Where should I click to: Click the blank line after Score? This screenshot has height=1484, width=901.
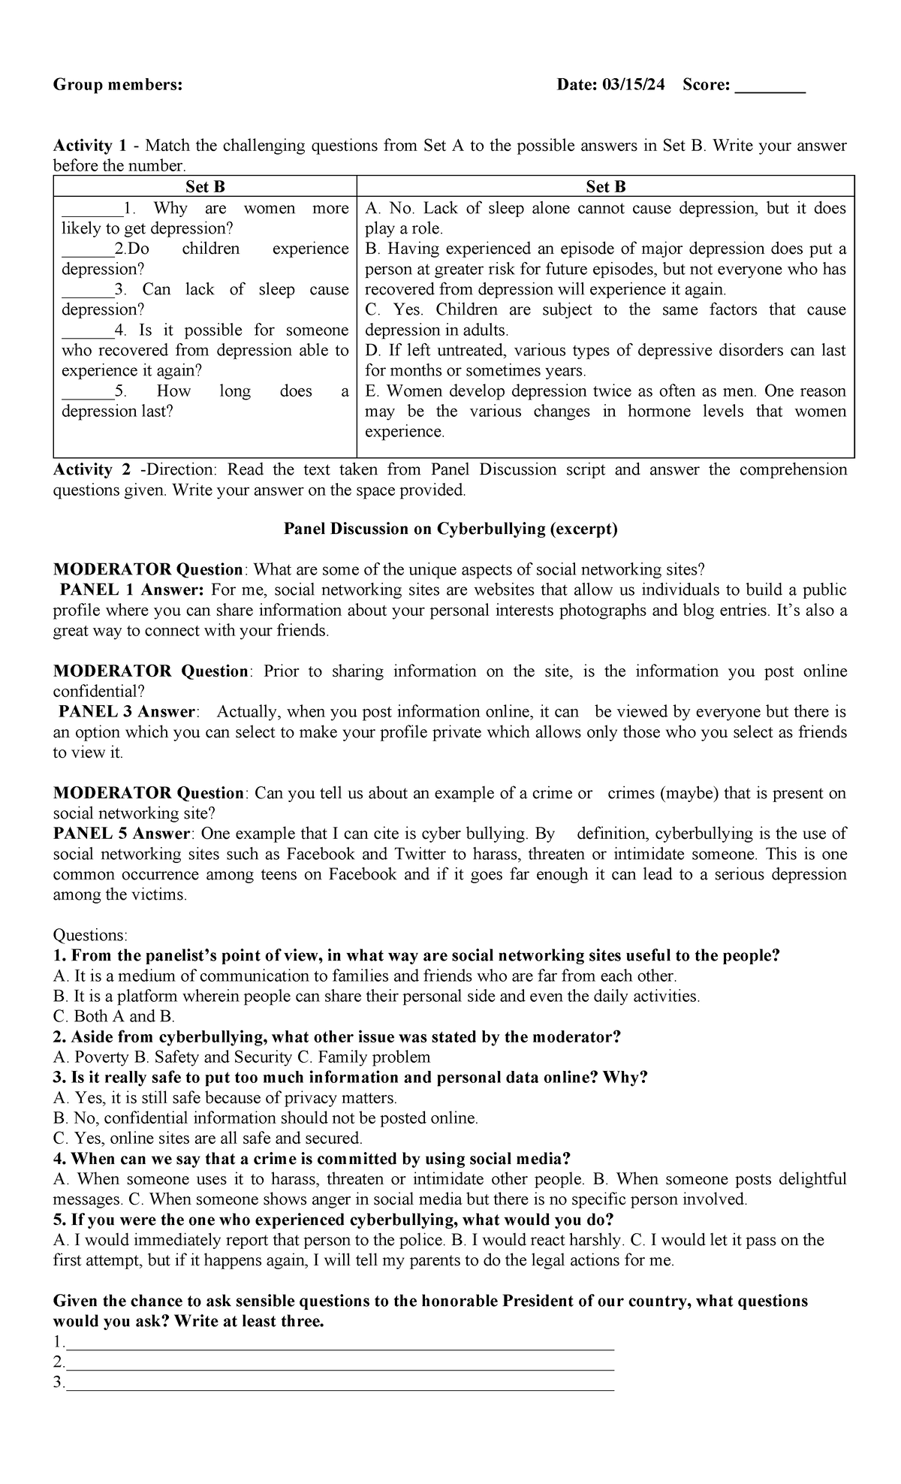click(x=770, y=87)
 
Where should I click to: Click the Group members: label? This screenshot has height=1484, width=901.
click(x=117, y=86)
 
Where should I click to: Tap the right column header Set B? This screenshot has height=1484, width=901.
click(x=606, y=187)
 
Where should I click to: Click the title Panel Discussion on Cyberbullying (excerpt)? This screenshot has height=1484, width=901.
click(x=450, y=529)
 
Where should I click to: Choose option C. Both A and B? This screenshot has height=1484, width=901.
click(x=114, y=1017)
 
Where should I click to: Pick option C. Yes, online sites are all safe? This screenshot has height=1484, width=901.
click(x=208, y=1139)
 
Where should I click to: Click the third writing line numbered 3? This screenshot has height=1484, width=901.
click(x=338, y=1383)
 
